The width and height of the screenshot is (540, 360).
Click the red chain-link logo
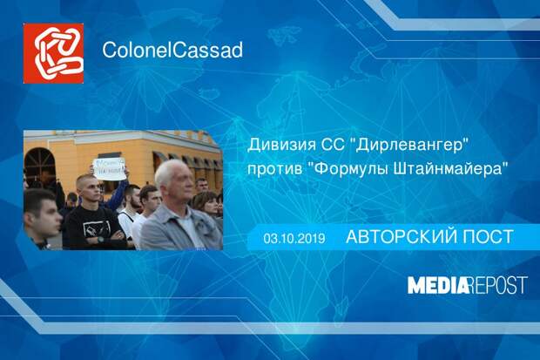pyautogui.click(x=53, y=53)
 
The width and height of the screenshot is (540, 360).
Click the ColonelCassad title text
pyautogui.click(x=172, y=50)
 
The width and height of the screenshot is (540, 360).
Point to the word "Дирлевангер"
pyautogui.click(x=408, y=146)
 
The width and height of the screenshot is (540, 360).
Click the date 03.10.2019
pyautogui.click(x=294, y=238)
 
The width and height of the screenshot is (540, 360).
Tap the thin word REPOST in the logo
pyautogui.click(x=498, y=285)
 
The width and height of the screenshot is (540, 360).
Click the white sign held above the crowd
pyautogui.click(x=110, y=168)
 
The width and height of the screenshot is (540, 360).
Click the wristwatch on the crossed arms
pyautogui.click(x=100, y=239)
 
